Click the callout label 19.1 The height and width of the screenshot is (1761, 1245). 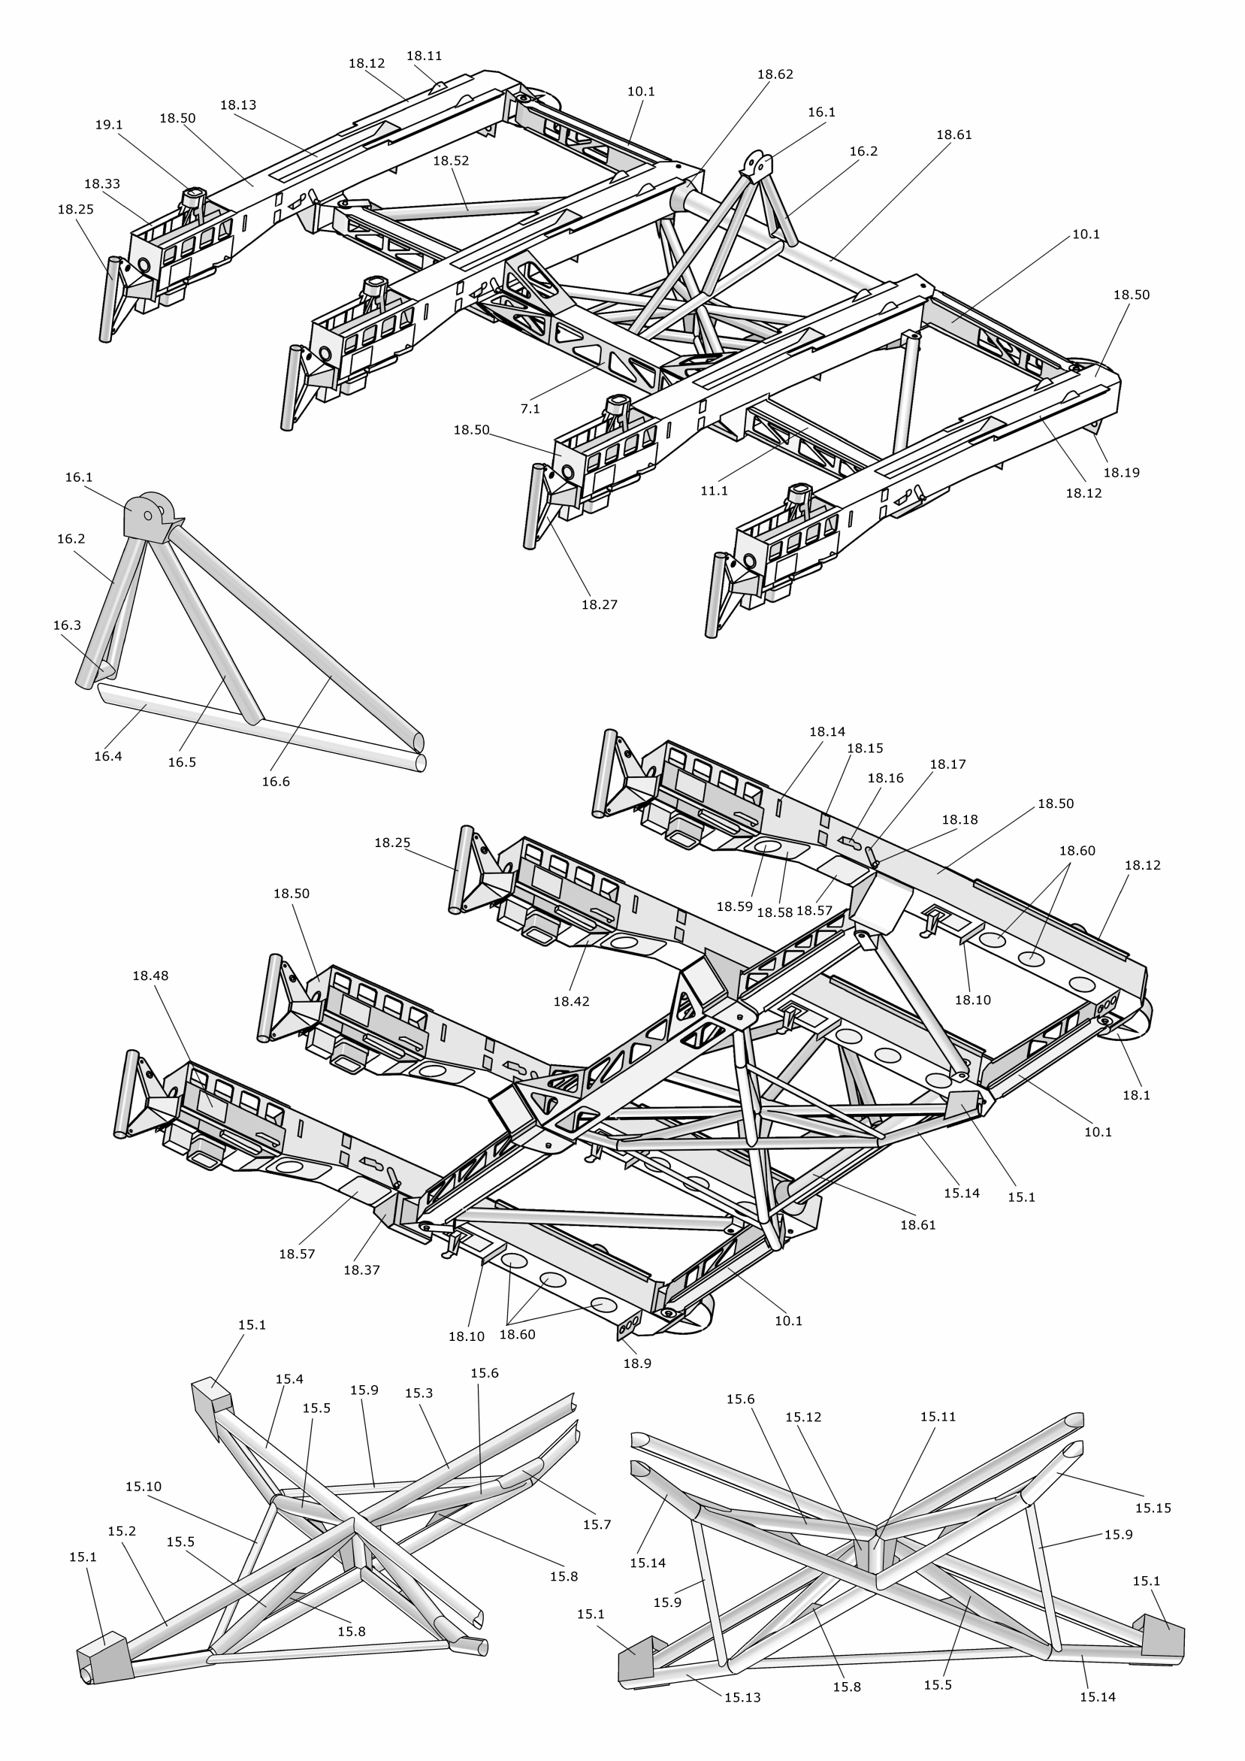pos(109,125)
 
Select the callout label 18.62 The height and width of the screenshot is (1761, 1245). pos(775,74)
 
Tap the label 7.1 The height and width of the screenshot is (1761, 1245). pos(530,409)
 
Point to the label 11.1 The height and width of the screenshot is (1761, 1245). pos(714,491)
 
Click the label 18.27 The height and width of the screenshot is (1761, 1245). pos(599,604)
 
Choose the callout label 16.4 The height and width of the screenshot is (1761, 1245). pos(108,756)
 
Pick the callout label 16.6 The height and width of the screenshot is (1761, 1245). pos(276,782)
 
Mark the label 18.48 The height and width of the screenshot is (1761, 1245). pos(150,976)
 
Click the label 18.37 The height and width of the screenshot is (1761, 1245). pos(361,1269)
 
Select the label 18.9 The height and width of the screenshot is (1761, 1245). pos(637,1363)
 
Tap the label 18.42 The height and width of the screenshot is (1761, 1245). pos(571,1001)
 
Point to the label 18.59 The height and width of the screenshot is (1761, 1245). pos(734,906)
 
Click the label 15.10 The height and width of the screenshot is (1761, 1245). pos(144,1487)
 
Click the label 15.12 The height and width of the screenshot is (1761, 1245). pos(802,1417)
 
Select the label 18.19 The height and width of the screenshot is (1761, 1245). pos(1121,473)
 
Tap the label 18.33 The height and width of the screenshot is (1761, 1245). pos(102,184)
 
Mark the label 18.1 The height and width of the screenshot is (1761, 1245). pos(1136,1095)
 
